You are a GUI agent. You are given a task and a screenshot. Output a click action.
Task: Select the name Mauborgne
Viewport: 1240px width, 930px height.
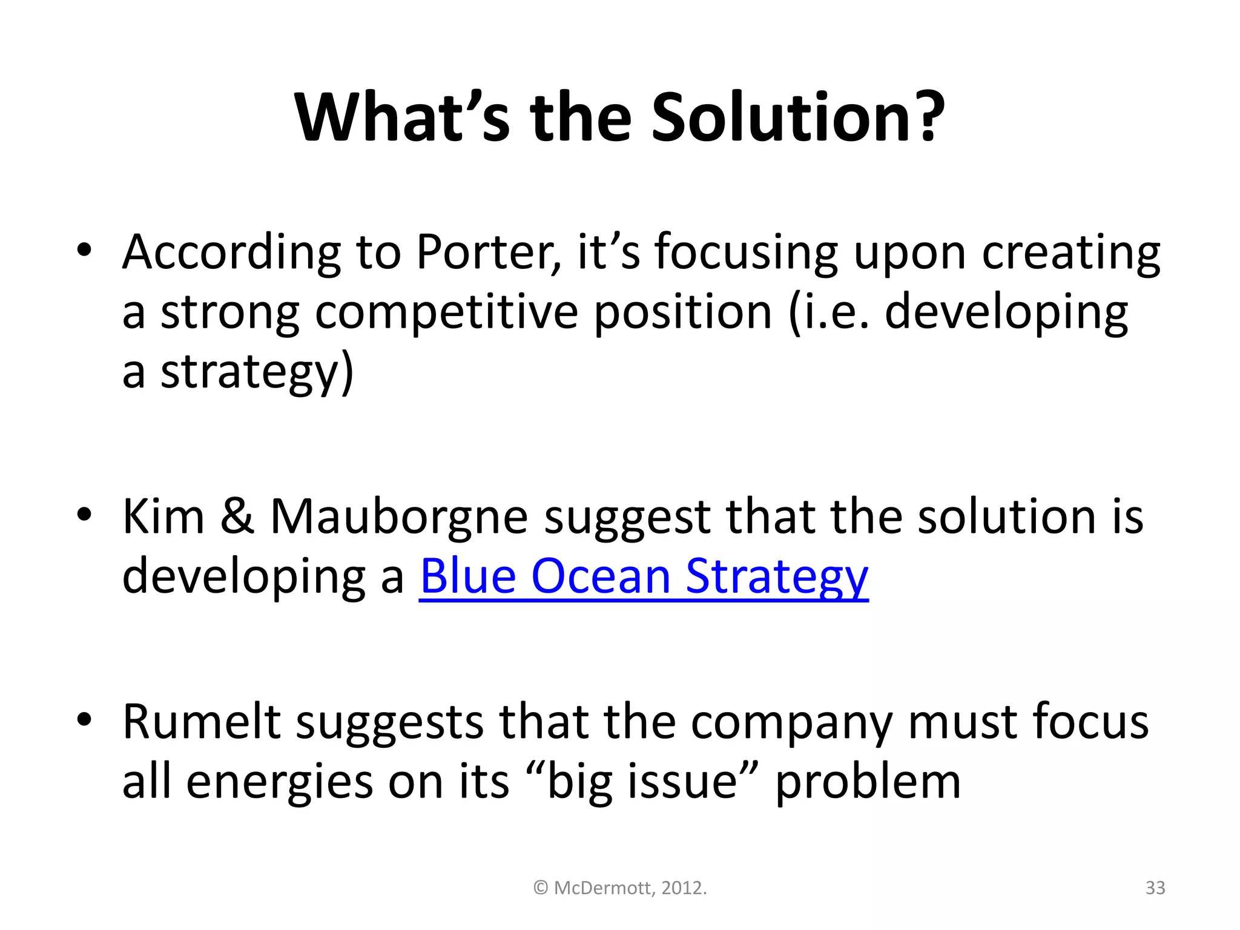[399, 518]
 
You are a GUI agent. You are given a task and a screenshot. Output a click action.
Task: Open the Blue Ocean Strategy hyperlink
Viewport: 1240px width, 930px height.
[644, 576]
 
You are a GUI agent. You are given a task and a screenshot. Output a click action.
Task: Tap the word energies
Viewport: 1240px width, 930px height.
[279, 783]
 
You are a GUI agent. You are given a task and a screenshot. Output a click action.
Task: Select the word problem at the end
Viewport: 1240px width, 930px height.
[868, 783]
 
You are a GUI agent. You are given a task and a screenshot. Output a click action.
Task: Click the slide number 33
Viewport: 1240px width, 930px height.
[1155, 888]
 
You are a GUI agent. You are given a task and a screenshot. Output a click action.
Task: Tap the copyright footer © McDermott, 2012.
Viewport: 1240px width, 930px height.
[620, 888]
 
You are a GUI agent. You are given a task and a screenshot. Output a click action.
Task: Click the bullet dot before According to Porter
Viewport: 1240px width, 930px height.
[84, 251]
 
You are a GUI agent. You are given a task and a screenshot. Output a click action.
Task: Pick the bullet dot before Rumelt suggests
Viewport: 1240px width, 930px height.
[84, 720]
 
